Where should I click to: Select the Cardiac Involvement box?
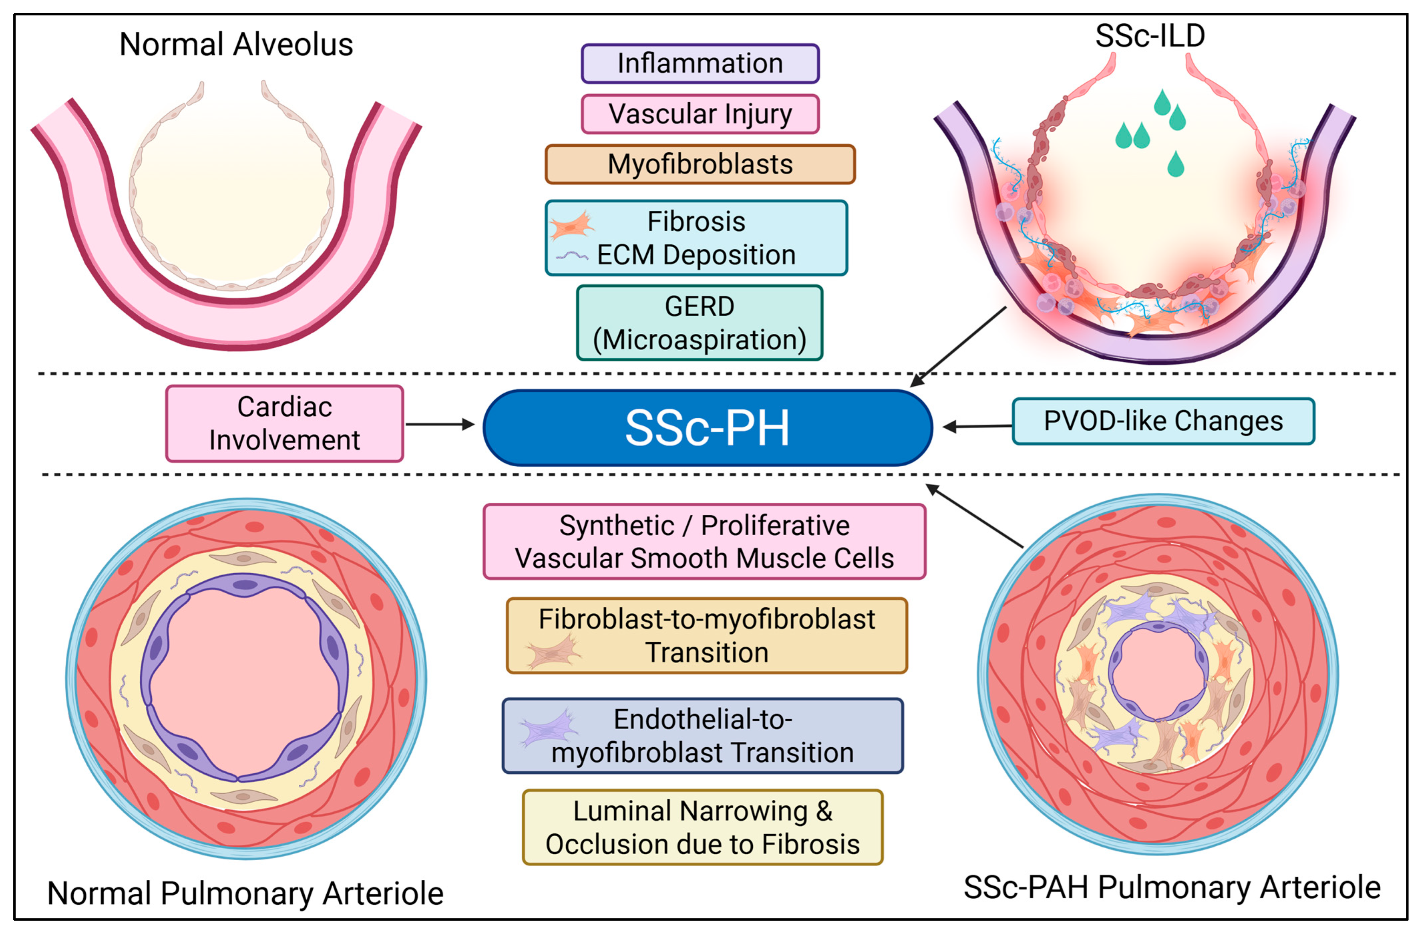(284, 423)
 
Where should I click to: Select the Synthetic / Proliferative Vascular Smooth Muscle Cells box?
(704, 542)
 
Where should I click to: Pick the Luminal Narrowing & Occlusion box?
(702, 827)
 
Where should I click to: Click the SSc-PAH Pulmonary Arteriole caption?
(1172, 888)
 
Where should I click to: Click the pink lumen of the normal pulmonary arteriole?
(245, 680)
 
